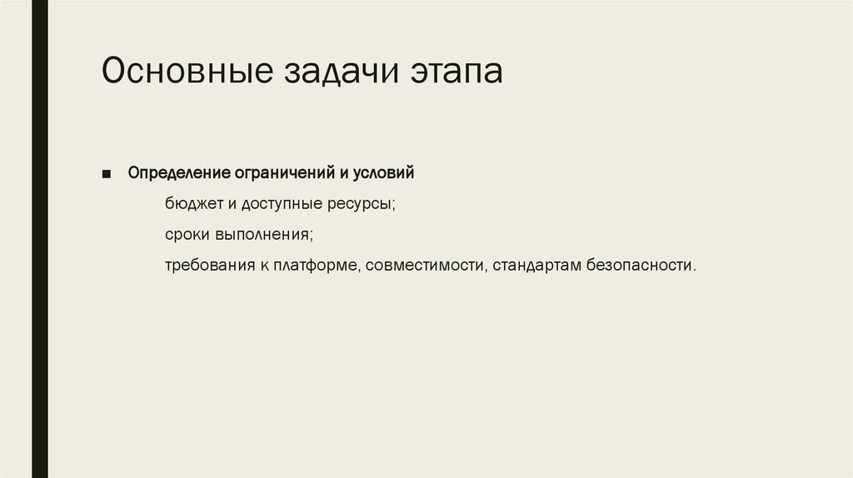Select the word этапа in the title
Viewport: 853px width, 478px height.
[x=456, y=73]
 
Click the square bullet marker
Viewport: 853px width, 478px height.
[x=107, y=174]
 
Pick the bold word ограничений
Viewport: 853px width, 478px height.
[x=272, y=174]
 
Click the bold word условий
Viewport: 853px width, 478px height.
[x=382, y=174]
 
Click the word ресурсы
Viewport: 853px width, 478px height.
[x=362, y=205]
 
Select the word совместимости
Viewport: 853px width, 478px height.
[x=426, y=266]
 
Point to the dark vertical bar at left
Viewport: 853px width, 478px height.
[x=39, y=239]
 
